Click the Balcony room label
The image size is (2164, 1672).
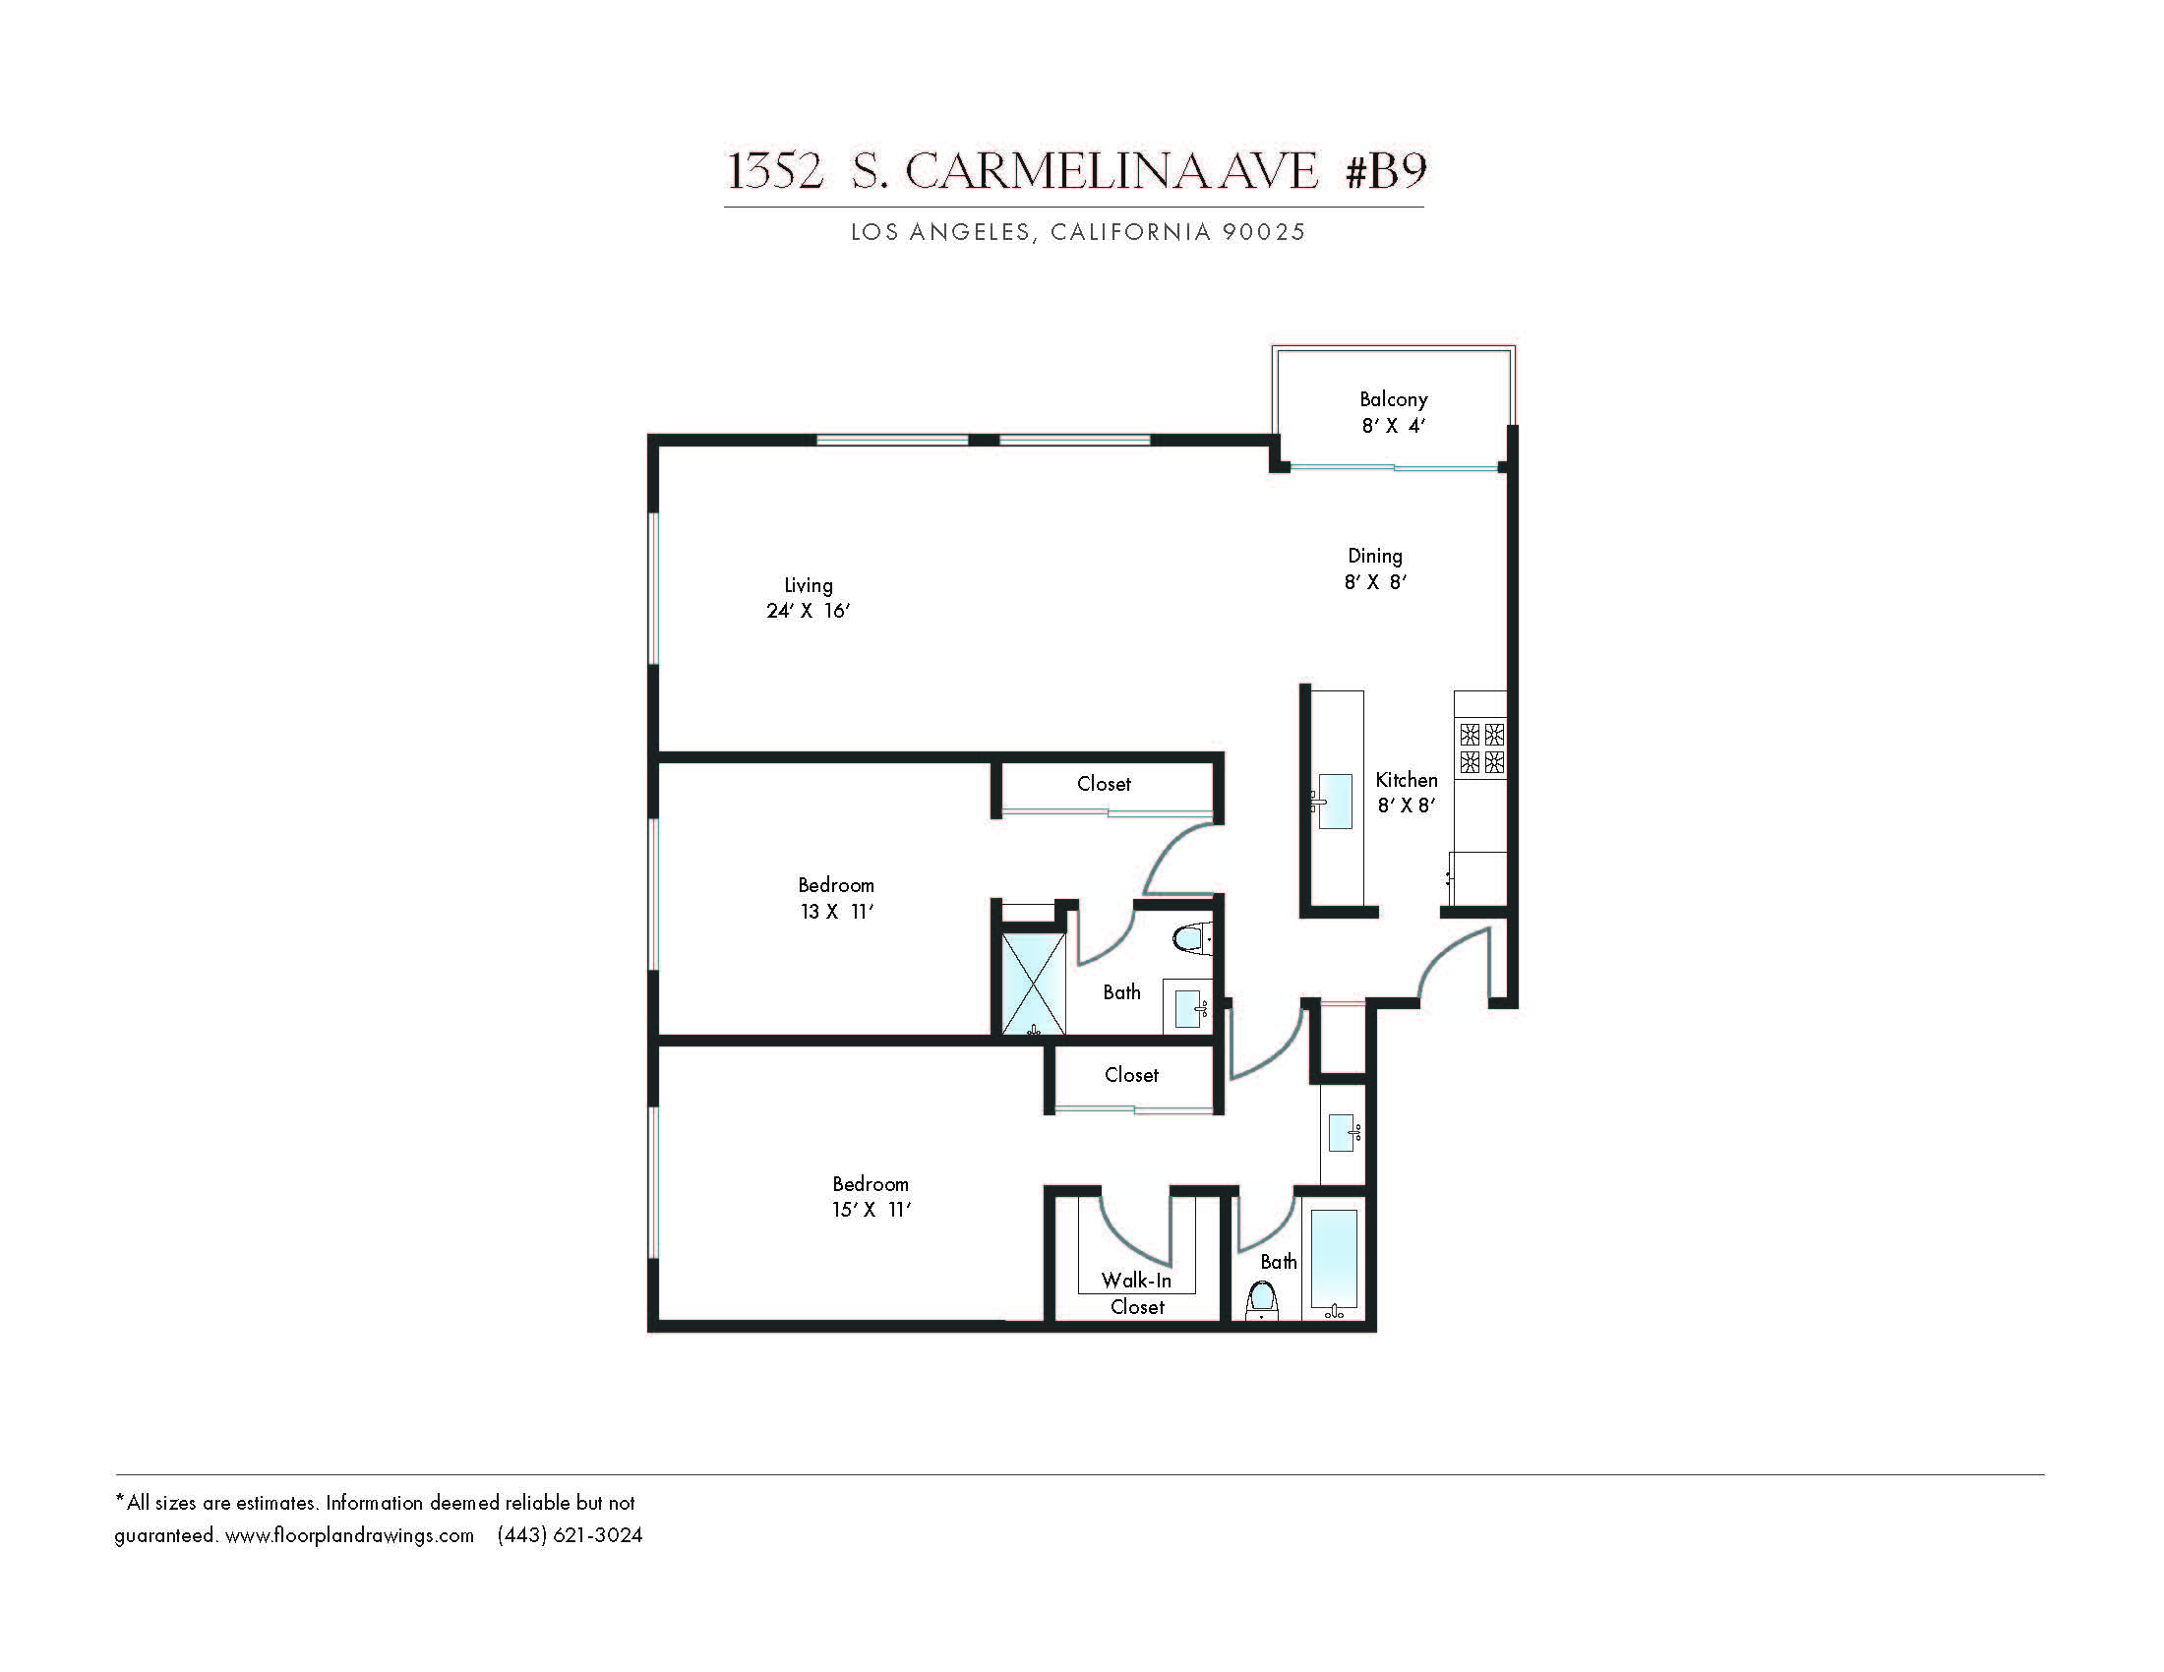[x=1393, y=399]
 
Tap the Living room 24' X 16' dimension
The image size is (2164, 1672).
[x=809, y=611]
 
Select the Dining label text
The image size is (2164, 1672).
[x=1375, y=557]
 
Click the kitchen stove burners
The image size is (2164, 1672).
[x=1481, y=747]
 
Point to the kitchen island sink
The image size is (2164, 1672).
[x=1335, y=802]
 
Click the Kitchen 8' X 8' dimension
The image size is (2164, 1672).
[x=1407, y=806]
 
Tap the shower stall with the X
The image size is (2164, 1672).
[x=1035, y=984]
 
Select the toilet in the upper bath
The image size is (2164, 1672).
[x=1192, y=938]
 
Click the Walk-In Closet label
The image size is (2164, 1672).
[x=1136, y=1293]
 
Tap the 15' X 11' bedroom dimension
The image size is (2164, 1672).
[x=871, y=1210]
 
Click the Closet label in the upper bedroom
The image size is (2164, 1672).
[x=1104, y=784]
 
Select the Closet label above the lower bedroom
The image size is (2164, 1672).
[x=1131, y=1075]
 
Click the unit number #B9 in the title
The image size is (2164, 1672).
[x=1385, y=170]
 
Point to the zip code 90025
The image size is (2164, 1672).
[x=1263, y=232]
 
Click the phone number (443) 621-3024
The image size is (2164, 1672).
[x=570, y=1535]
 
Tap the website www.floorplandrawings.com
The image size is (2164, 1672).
[x=350, y=1535]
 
